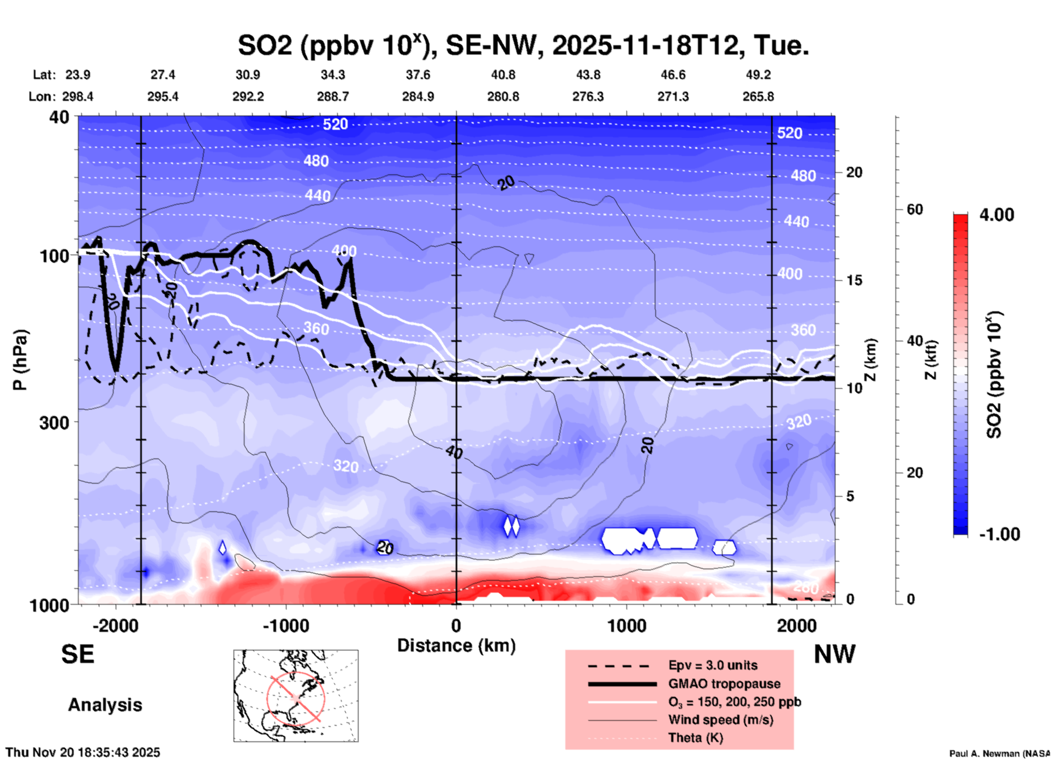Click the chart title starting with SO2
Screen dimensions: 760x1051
pos(523,46)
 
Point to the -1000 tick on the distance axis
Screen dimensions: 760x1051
pos(285,625)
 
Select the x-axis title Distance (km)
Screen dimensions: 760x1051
pos(456,646)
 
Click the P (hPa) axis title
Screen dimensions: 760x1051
pos(20,359)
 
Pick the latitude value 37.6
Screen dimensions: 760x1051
pos(417,75)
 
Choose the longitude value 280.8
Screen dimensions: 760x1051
pos(503,96)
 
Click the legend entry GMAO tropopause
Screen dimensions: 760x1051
pos(724,684)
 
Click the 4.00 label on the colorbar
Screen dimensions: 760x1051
pos(996,215)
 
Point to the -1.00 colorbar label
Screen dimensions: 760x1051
pos(999,534)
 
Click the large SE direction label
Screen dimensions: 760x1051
pos(77,654)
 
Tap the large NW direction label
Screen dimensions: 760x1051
pos(834,654)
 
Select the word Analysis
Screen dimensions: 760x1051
pos(105,705)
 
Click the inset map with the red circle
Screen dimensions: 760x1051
pos(296,696)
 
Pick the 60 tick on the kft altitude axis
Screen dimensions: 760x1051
pos(915,209)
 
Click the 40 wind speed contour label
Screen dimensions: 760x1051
pos(453,452)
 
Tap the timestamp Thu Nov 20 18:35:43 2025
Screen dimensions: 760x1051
pos(83,752)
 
